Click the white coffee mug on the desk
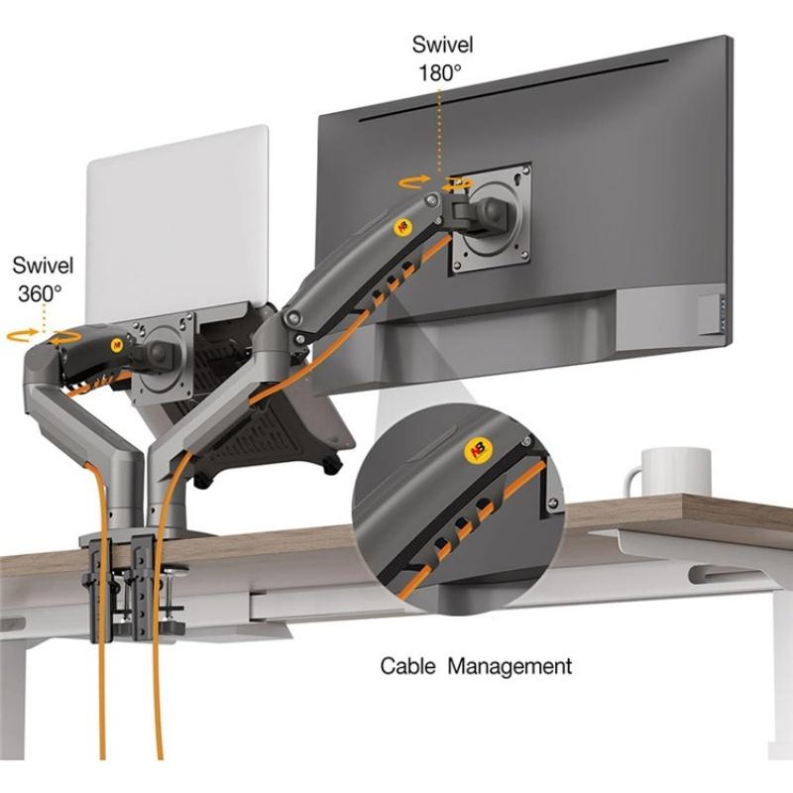click(x=667, y=473)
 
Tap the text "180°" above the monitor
click(x=440, y=73)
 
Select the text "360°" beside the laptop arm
click(x=40, y=293)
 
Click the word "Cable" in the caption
click(x=407, y=666)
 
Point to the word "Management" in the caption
click(x=510, y=666)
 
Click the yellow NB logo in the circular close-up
click(x=478, y=449)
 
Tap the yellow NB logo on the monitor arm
click(x=401, y=226)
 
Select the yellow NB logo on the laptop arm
click(x=117, y=345)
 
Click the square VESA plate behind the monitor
click(x=491, y=218)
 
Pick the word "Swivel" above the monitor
click(x=442, y=45)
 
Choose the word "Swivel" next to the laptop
click(x=43, y=266)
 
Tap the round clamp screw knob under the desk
click(x=175, y=573)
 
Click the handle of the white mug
click(x=632, y=482)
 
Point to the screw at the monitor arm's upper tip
click(x=431, y=199)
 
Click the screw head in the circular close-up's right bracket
click(x=553, y=504)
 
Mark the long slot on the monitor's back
click(x=514, y=91)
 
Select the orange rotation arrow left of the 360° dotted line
click(x=22, y=334)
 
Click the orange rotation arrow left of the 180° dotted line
click(x=413, y=182)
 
